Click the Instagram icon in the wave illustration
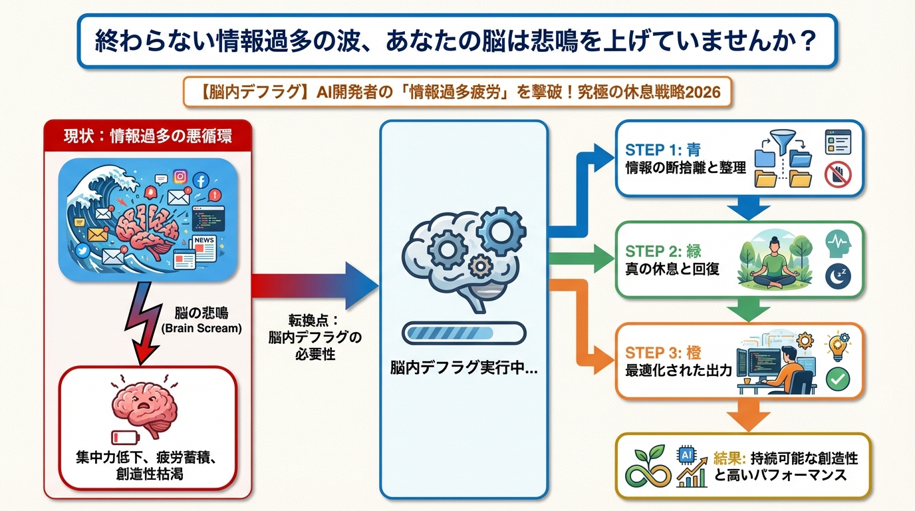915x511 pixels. click(x=180, y=176)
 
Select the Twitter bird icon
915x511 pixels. click(x=82, y=250)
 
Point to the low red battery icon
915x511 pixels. click(x=124, y=438)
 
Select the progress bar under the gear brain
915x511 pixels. click(x=463, y=333)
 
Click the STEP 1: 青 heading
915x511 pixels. click(x=663, y=150)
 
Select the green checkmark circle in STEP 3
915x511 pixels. click(x=837, y=379)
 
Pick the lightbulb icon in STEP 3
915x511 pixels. click(x=837, y=346)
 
